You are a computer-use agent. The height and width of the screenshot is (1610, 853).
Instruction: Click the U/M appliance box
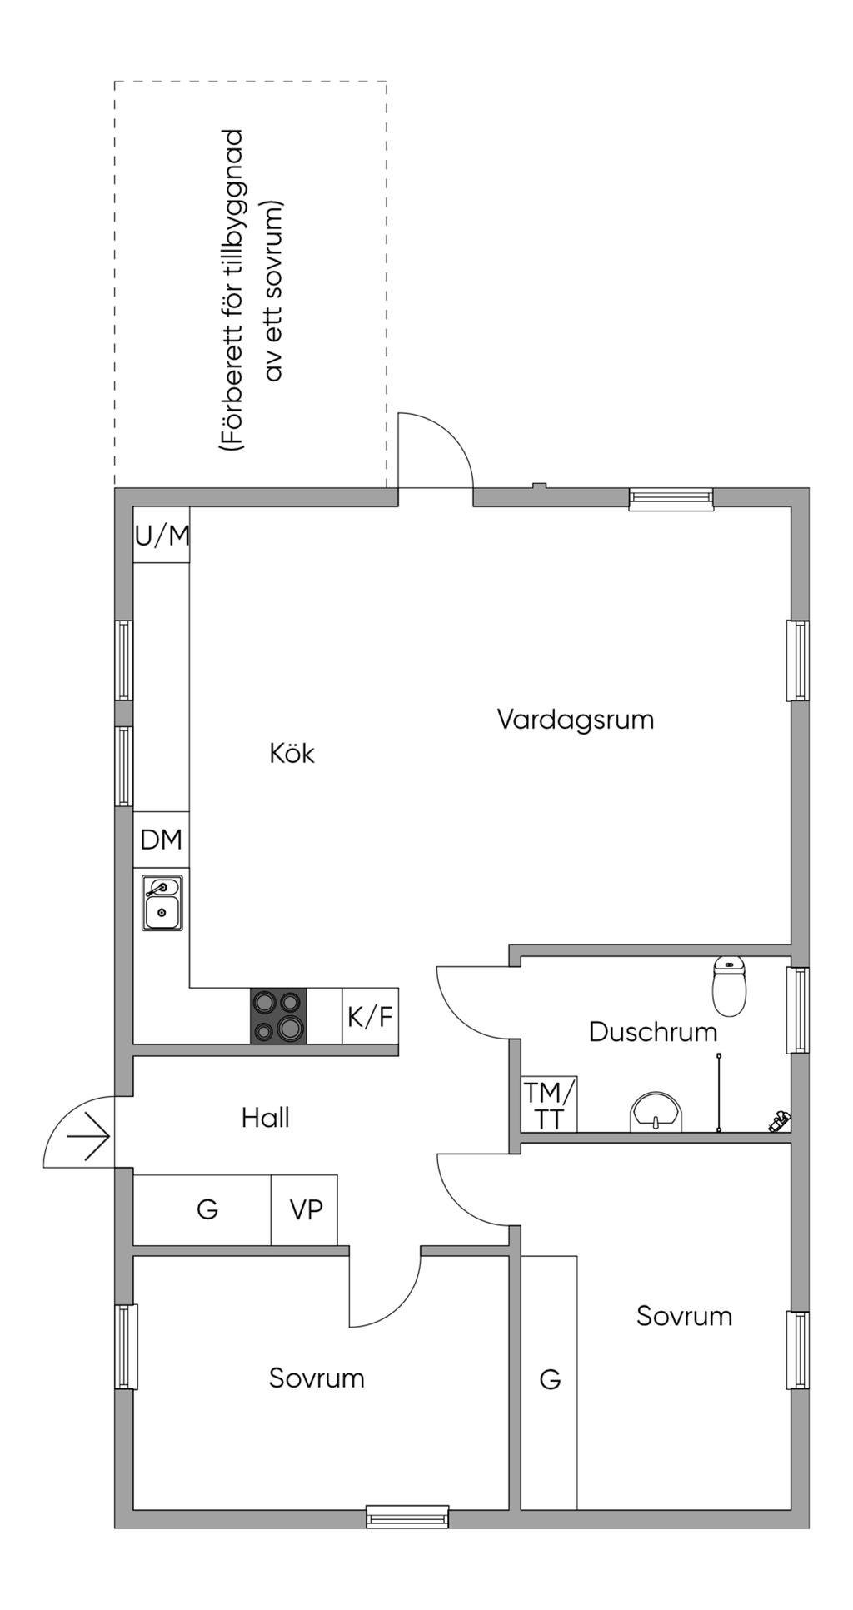162,535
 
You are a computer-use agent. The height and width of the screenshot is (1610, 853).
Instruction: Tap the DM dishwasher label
161,840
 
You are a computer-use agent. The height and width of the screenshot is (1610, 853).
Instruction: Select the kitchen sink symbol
162,903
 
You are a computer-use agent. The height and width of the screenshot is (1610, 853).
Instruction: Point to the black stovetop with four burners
278,1016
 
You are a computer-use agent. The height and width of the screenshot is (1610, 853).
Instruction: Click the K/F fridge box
370,1016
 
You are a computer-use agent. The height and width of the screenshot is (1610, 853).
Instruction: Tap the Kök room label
292,753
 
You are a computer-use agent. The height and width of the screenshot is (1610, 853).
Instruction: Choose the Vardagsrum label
576,719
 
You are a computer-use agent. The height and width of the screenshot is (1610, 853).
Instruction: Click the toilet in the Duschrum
730,986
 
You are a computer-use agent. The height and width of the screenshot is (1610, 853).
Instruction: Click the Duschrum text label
653,1032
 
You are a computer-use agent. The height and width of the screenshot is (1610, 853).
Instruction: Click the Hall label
266,1118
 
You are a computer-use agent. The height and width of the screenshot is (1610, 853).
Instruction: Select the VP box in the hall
304,1209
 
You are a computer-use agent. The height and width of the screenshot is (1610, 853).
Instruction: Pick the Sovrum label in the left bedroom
317,1378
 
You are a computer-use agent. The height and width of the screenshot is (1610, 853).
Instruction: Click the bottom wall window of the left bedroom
407,1517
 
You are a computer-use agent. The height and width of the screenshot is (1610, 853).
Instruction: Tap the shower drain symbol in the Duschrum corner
780,1122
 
